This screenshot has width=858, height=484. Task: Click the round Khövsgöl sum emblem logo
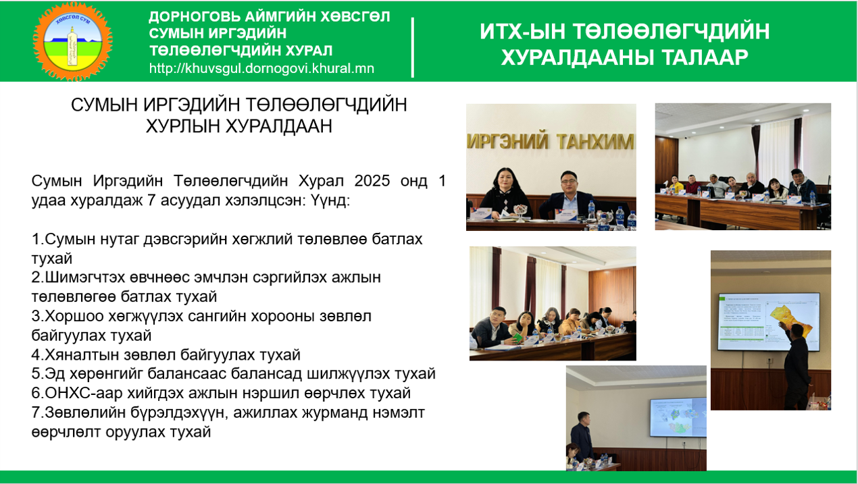73,41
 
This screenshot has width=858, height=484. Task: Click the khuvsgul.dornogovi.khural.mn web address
261,68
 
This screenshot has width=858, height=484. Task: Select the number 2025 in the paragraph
372,181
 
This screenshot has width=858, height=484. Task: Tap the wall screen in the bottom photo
678,418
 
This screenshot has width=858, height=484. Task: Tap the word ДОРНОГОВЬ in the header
194,17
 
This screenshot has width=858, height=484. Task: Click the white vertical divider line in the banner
413,47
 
